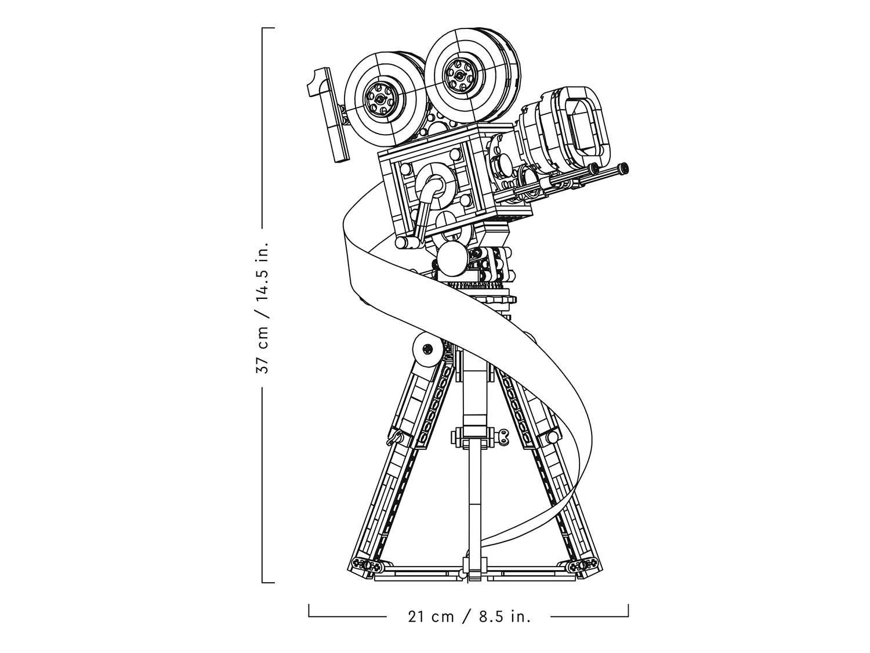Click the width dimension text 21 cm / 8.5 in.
tap(469, 616)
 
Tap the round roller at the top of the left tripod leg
tap(427, 349)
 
